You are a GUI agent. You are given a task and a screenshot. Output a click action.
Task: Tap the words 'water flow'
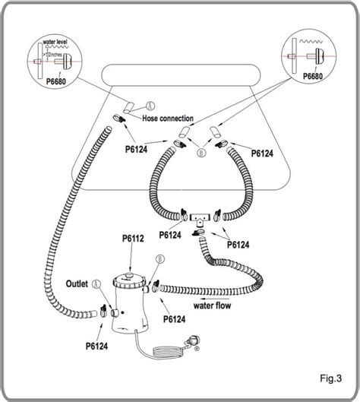tap(213, 306)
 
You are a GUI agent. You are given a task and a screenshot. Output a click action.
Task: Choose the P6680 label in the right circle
tap(314, 76)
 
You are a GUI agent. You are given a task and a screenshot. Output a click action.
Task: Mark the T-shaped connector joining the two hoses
tap(201, 217)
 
